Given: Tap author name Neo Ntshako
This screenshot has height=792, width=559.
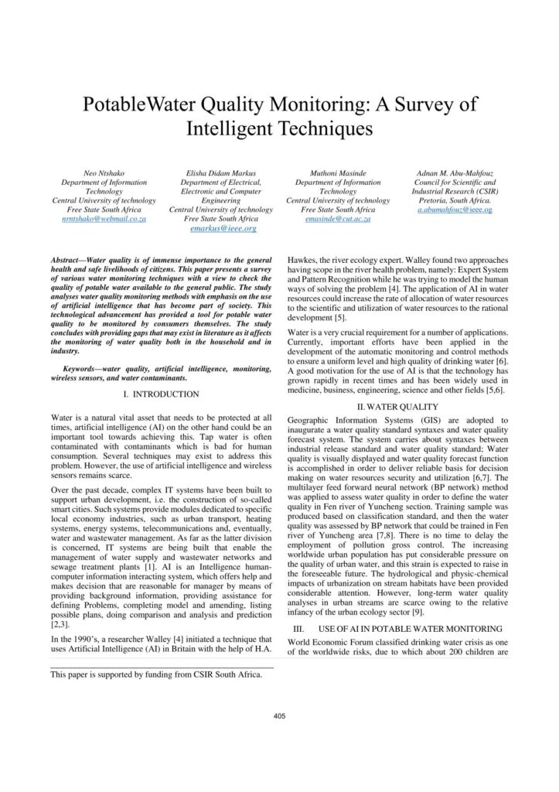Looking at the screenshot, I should pos(103,172).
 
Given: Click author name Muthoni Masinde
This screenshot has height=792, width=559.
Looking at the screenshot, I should pos(338,172).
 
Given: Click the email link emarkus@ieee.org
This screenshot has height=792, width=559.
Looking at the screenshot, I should pos(222,229).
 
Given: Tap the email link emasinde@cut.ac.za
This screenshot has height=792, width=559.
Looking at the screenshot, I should pos(338,220).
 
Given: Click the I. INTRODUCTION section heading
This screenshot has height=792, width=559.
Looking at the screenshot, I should pos(161,394).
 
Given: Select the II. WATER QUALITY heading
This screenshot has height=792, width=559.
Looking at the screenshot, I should pos(397,407).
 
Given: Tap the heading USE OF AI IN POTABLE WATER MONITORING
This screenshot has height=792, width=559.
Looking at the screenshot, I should pos(410,628).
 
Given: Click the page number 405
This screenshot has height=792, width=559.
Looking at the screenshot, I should pos(279,715).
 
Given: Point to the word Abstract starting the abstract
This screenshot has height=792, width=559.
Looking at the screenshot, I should pos(66,261).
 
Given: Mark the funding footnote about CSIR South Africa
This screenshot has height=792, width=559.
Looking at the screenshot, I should pos(155,674).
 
